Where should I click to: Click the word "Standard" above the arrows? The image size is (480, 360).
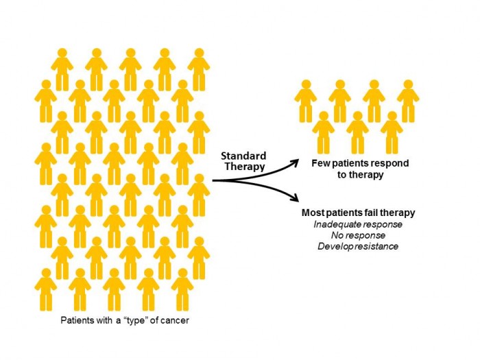coord(243,156)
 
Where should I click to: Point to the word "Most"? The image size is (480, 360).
coord(313,213)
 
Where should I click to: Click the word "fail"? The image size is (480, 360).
coord(374,213)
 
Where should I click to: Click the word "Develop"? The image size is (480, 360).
coord(336,246)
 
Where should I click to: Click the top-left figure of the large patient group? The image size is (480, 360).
coord(62,69)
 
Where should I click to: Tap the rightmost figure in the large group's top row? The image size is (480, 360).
coord(199,69)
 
